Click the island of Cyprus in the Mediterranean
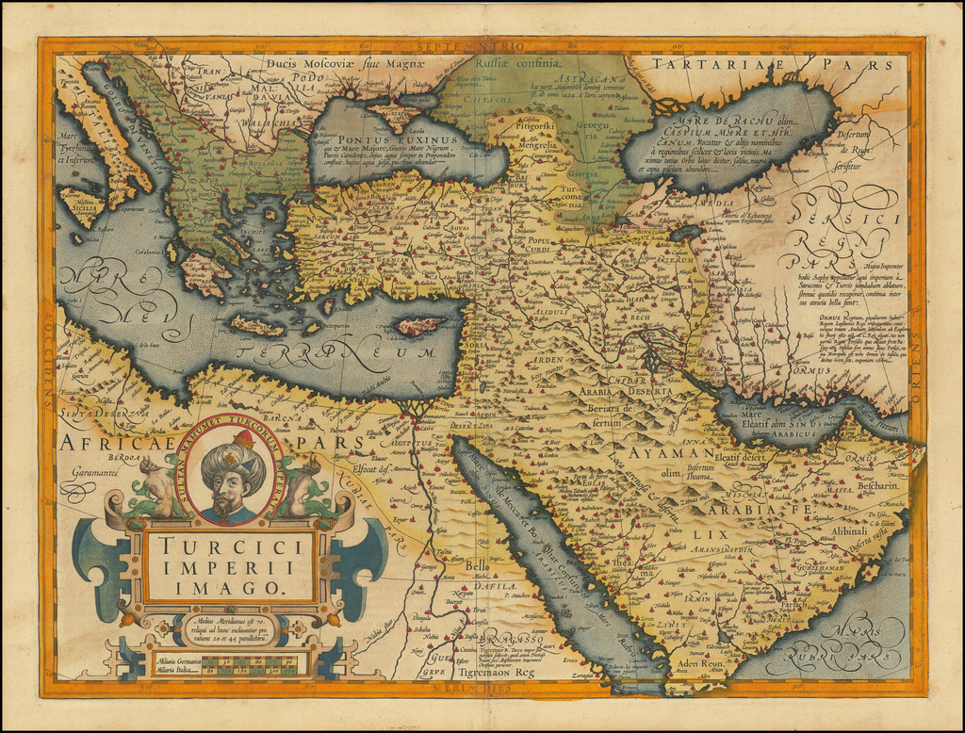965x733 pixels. (417, 326)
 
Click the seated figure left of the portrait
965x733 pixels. (158, 486)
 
